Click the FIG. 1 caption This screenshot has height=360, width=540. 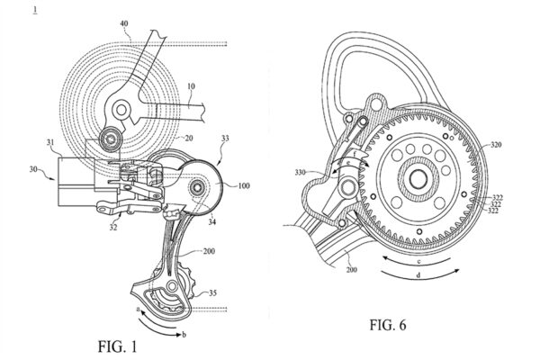(117, 346)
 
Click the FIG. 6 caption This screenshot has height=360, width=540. (388, 325)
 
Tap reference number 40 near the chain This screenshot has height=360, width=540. (124, 23)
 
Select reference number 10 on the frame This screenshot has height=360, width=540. (191, 85)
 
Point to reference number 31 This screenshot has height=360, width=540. (50, 141)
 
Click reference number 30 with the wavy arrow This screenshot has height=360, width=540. (33, 169)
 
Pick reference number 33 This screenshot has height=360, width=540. (225, 139)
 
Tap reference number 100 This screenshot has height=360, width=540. (244, 186)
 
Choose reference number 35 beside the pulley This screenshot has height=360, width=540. (212, 292)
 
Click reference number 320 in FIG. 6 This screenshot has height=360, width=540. (495, 145)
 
